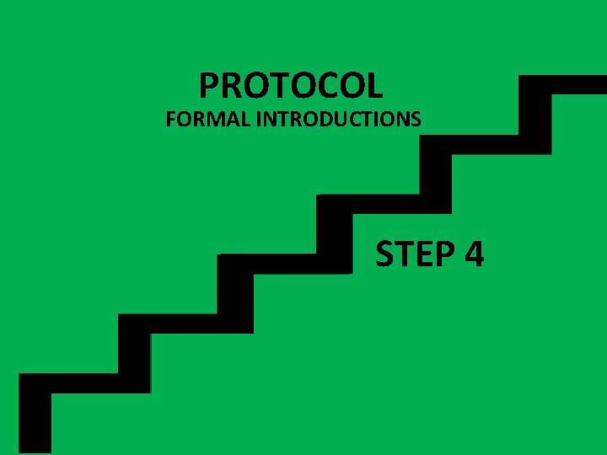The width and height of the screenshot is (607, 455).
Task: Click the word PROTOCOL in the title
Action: tap(291, 85)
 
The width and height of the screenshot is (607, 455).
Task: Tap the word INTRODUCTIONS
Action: tap(338, 120)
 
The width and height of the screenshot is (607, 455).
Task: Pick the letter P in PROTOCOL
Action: tap(208, 85)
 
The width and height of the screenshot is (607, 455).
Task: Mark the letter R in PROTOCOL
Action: tap(230, 85)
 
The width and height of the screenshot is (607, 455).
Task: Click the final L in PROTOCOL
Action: tap(374, 85)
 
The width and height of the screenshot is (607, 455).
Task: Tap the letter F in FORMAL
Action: tap(170, 120)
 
